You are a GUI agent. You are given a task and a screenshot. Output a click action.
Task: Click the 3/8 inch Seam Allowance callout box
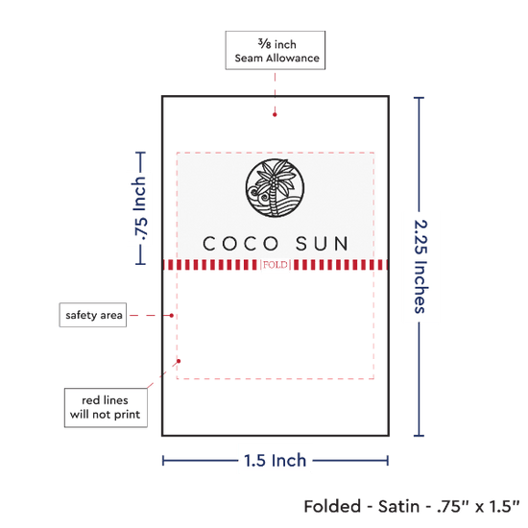coord(276,50)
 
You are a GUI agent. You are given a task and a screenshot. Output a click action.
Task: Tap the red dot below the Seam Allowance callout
coord(275,114)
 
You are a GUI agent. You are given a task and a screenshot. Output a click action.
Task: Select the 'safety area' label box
coord(93,315)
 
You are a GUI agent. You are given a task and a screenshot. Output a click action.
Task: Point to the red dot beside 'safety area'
coord(172,316)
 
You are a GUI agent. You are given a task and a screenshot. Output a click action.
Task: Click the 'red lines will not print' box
coord(106,407)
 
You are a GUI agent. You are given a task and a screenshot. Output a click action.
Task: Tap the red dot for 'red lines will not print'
coord(179,361)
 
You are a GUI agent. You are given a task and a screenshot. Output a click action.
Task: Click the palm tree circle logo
coord(275,188)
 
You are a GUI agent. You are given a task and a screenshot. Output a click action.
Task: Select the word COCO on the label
coord(241,244)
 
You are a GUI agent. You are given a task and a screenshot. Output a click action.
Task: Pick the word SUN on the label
coord(322,244)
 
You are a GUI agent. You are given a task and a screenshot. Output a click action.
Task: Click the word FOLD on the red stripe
coord(276,265)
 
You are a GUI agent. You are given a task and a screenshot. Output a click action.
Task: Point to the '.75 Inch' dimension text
coord(140,208)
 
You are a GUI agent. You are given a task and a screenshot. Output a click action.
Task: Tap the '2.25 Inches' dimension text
coord(420,267)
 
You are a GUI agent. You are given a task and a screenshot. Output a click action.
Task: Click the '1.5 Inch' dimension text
coord(276,460)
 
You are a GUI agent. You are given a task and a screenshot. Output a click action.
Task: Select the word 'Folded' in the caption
coord(332,506)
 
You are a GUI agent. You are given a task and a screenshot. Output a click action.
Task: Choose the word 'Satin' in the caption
coord(398,506)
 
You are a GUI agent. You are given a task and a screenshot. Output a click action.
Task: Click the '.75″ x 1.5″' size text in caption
coord(478,506)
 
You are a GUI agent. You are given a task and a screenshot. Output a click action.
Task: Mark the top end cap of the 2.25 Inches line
coord(419,98)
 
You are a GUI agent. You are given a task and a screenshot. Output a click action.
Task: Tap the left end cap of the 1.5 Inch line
coord(163,460)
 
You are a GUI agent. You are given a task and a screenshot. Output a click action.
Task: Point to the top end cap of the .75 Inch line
coord(140,153)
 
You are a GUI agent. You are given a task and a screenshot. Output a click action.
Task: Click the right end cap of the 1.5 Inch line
coord(388,460)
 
